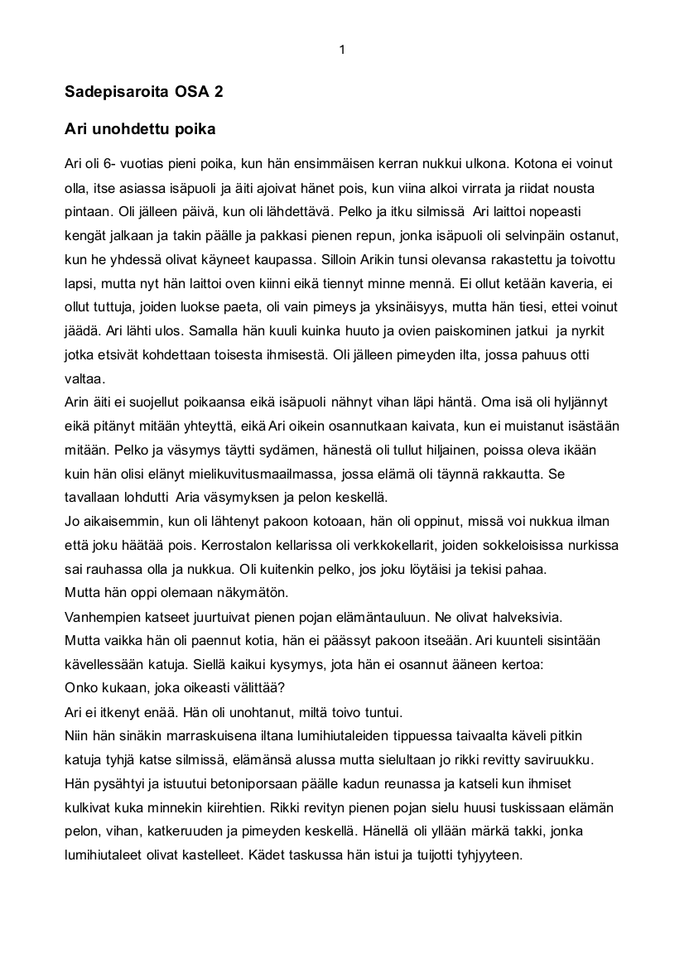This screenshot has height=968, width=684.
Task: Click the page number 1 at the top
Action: click(x=342, y=50)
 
